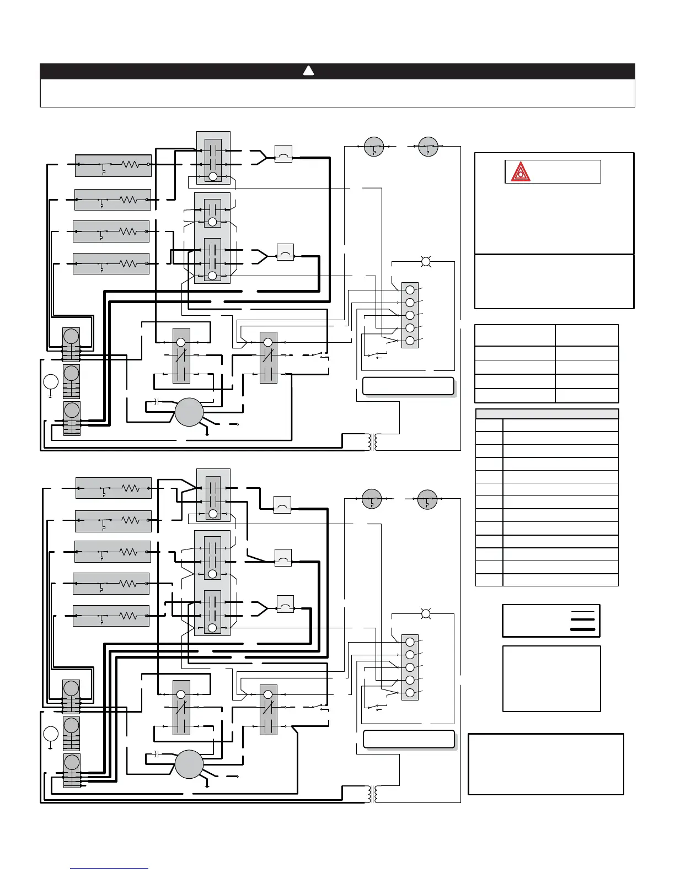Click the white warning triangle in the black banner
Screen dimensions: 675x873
308,71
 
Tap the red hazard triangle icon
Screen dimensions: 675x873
520,173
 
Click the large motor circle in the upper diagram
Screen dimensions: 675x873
189,412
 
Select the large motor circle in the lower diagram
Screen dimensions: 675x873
189,764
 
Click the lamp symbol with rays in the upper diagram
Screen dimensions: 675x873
426,261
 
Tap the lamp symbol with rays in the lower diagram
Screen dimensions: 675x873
425,613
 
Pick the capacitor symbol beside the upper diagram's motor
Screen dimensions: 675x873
156,401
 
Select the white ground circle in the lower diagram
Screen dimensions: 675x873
50,735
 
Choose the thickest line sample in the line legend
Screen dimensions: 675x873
583,629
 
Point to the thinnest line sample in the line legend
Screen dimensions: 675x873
583,612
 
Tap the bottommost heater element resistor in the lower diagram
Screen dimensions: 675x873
128,615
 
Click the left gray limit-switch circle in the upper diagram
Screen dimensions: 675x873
374,147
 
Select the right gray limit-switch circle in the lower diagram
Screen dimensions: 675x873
427,499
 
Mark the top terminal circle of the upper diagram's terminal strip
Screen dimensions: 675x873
410,290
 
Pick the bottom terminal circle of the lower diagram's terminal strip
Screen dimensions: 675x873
410,693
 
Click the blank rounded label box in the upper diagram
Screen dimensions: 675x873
408,386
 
